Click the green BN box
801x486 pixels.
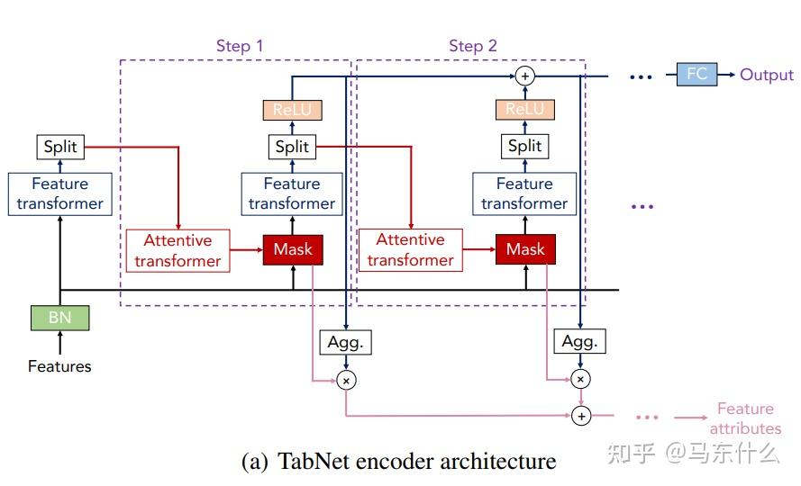59,317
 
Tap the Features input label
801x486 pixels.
59,366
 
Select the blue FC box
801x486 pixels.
697,75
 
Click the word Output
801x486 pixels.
766,75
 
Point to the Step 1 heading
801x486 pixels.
240,46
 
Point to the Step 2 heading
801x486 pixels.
473,46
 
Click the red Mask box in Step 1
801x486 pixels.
292,249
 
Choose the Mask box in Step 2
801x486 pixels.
525,249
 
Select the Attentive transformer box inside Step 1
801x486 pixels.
178,250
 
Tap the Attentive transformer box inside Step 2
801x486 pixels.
411,250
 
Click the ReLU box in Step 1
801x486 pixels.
292,110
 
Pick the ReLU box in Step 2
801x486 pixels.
525,110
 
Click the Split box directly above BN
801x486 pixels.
59,147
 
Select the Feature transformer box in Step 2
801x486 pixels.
525,193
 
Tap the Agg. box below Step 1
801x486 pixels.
346,342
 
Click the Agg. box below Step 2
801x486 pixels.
579,342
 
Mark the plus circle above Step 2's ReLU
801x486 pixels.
525,76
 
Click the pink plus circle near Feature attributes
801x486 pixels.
581,416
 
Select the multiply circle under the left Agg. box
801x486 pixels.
346,381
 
